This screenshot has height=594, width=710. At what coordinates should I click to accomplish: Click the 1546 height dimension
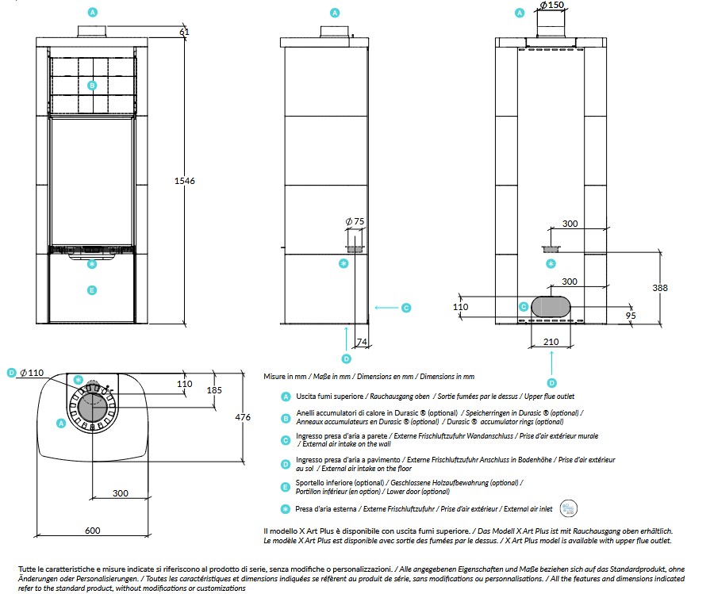(184, 181)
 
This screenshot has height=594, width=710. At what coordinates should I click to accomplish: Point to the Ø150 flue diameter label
(552, 5)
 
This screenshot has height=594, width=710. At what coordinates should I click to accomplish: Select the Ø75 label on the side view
(355, 221)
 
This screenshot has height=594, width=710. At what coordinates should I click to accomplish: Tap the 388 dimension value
(660, 288)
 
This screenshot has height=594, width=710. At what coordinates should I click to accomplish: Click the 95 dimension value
(631, 316)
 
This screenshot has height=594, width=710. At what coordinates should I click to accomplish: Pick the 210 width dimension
(551, 342)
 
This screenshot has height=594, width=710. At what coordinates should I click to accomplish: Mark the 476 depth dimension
(243, 417)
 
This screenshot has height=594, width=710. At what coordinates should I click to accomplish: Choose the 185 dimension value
(214, 390)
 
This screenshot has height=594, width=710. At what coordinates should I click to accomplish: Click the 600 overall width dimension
(92, 531)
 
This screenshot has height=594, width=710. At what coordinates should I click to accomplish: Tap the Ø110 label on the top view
(32, 373)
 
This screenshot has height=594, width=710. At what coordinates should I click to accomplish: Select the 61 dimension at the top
(184, 32)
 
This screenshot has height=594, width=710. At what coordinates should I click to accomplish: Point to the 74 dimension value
(361, 342)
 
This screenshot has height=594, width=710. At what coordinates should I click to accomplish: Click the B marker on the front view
(92, 85)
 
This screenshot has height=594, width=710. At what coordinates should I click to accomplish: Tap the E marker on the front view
(92, 290)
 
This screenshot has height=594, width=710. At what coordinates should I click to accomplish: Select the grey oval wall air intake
(551, 306)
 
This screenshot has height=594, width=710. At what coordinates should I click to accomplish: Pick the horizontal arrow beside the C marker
(386, 308)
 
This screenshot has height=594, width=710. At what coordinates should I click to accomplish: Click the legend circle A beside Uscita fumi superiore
(286, 397)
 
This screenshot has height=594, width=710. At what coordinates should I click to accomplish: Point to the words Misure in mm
(285, 376)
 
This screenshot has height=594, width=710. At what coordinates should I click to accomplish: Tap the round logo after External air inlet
(568, 508)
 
